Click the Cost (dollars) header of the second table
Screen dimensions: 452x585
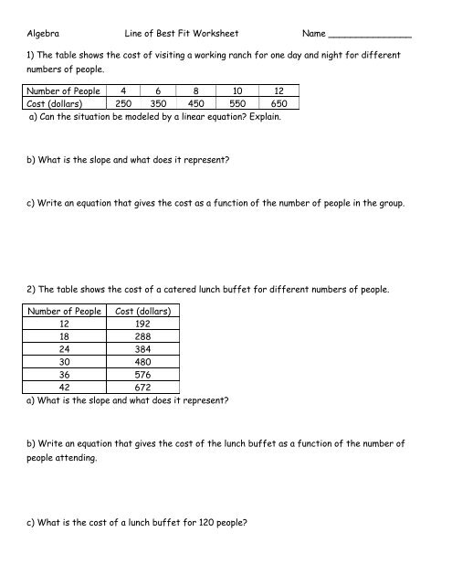pyautogui.click(x=148, y=312)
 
